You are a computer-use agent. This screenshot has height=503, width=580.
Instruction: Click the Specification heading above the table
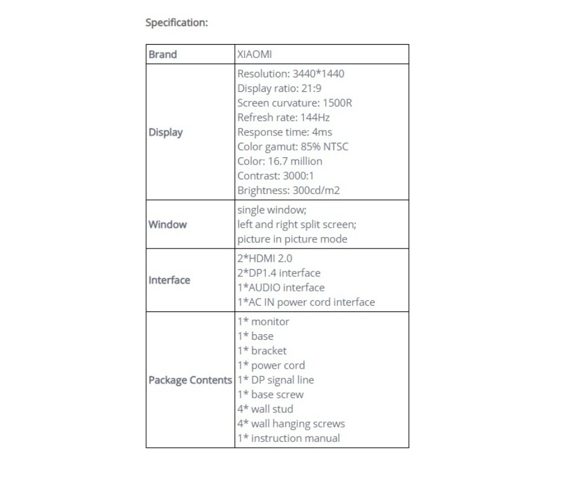coord(176,23)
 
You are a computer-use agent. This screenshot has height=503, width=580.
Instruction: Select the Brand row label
coord(163,54)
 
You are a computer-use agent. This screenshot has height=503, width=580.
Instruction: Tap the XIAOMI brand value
coord(254,54)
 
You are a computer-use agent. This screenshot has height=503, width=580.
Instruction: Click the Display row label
coord(166,132)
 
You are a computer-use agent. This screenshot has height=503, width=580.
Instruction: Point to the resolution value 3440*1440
coord(318,74)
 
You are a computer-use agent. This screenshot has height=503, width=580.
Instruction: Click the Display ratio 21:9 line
coord(279,88)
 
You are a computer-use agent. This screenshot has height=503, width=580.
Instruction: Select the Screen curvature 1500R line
coord(294,103)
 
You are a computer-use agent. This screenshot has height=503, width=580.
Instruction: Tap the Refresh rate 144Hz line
coord(283,117)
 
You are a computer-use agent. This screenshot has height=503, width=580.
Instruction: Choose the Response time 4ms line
coord(285,132)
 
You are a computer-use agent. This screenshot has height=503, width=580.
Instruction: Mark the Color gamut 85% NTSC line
coord(292,146)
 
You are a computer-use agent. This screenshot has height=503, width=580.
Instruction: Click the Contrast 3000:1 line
coord(275,176)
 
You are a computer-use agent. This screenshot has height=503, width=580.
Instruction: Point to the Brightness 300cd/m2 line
coord(288,190)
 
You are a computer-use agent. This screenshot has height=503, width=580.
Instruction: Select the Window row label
coord(167,224)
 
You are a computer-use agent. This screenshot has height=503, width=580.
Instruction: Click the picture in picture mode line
coord(292,239)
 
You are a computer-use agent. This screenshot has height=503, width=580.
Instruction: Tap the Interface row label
coord(169,280)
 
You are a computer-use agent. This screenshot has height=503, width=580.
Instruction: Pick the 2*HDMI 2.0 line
coord(265,258)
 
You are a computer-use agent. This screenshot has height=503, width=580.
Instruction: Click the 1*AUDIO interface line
coord(280,287)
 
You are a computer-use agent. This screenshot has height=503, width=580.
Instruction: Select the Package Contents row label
coord(190,380)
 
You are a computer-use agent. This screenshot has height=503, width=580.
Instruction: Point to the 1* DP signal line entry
coord(275,380)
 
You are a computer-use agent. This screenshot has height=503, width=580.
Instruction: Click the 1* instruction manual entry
coord(288,438)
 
